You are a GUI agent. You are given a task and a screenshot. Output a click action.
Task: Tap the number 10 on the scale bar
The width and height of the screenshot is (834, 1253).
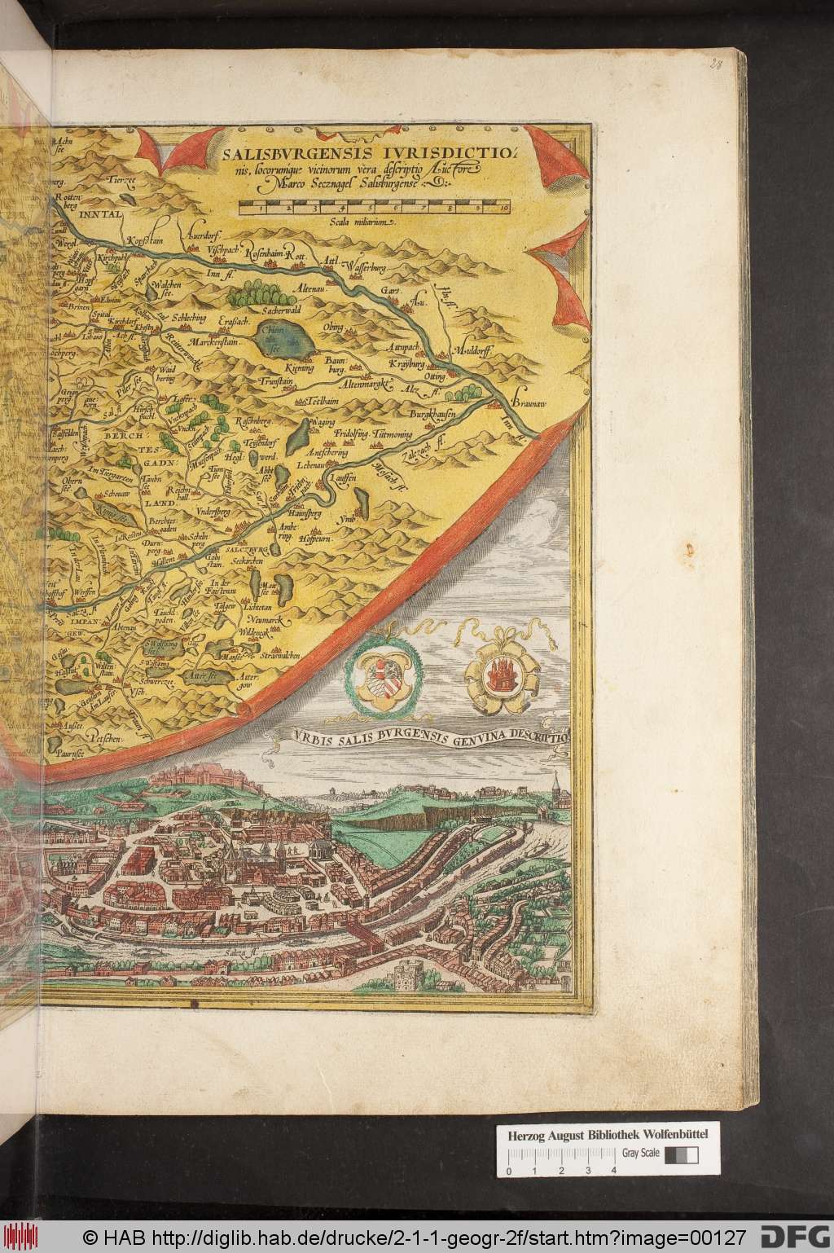504,209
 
